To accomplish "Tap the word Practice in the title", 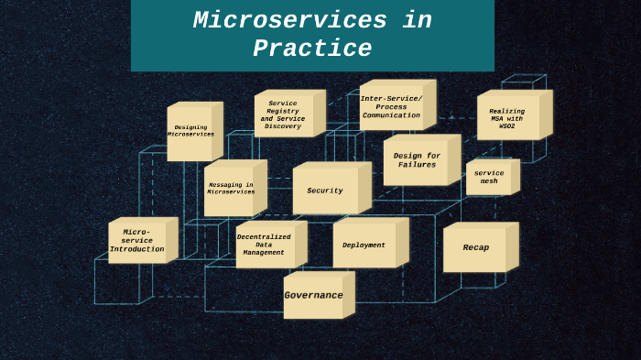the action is (312, 49).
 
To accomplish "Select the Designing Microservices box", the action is (190, 132).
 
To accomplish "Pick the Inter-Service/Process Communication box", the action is (391, 107).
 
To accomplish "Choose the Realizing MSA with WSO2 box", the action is (507, 119).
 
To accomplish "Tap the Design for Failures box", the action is (417, 161).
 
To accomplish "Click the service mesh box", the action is (489, 177).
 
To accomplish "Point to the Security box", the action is (325, 191).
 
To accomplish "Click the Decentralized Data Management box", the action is (265, 245).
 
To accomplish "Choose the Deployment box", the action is (364, 245).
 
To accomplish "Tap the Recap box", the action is (475, 248).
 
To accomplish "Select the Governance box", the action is (313, 296).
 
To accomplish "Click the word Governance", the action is (313, 296).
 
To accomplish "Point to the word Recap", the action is (475, 248).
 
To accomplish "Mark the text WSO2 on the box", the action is (507, 126).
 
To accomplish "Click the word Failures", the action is (417, 166).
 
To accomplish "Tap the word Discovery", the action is (283, 126).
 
